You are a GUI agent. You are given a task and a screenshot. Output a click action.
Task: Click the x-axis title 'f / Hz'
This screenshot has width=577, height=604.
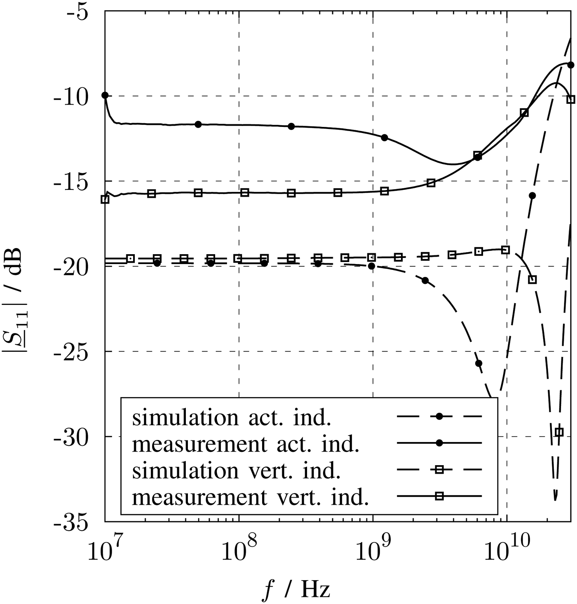[297, 589]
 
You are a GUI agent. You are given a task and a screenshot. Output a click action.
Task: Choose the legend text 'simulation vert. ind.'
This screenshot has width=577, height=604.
[236, 471]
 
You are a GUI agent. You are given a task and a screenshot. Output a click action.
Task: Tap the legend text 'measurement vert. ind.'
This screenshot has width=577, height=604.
[250, 497]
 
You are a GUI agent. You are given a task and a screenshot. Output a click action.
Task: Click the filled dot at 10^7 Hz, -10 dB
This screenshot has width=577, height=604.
[105, 95]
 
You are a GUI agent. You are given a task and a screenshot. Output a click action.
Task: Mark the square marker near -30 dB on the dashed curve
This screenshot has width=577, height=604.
[559, 432]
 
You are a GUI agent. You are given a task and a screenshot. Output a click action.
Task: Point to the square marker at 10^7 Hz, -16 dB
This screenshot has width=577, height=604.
[105, 199]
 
